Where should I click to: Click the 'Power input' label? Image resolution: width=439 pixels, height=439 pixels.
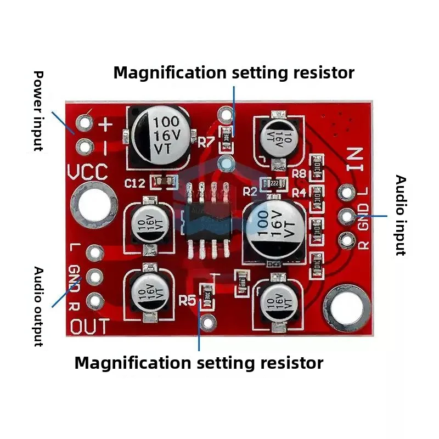pos(37,110)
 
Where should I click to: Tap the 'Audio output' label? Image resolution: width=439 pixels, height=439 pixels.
pos(38,306)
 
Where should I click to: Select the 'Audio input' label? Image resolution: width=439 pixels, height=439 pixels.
pos(401,215)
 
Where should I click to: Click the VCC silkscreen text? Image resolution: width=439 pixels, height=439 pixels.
pos(87,172)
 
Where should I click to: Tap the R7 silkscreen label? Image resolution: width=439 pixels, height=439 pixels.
pos(206,142)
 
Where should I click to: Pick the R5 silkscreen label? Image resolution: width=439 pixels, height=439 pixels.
pos(188,300)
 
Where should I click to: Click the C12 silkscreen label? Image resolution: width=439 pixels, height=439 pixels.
pos(134,183)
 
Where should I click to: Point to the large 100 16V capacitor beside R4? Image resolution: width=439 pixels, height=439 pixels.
pos(273,230)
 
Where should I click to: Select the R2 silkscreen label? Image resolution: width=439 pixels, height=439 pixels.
pos(250,192)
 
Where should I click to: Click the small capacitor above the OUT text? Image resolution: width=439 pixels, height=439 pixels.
pos(147,292)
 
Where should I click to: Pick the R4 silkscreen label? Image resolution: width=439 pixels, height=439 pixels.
pos(299,193)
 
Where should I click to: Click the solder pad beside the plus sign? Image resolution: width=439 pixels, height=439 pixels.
pos(85,122)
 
